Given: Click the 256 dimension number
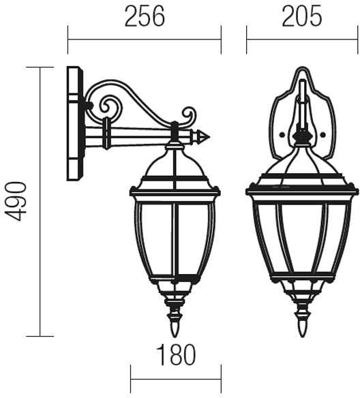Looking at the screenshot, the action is click(145, 16).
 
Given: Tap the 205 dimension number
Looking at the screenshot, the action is click(302, 16).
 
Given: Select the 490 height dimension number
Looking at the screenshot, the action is click(16, 201).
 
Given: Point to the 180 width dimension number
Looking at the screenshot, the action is click(176, 354).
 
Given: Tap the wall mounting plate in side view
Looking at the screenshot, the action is click(75, 123).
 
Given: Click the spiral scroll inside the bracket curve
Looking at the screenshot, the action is click(110, 106).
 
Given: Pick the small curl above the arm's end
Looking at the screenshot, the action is click(189, 117).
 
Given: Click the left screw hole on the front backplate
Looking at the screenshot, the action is click(281, 135).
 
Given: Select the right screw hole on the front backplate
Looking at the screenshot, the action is click(322, 135).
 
